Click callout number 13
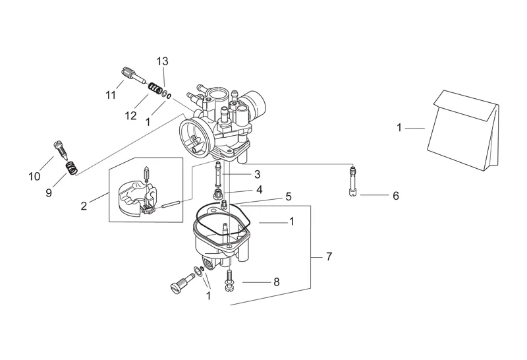click(x=162, y=61)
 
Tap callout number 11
click(x=111, y=95)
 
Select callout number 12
click(x=130, y=116)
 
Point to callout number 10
click(x=34, y=176)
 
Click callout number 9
click(x=49, y=193)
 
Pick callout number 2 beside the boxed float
click(x=84, y=206)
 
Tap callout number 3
click(x=257, y=174)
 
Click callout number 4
click(x=259, y=190)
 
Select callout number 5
click(x=289, y=196)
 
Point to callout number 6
click(x=396, y=195)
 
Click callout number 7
click(x=329, y=256)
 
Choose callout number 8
click(x=276, y=282)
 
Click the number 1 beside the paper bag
click(x=399, y=128)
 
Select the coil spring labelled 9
click(x=71, y=168)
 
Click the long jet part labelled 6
click(x=352, y=182)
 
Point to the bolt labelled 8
click(x=229, y=281)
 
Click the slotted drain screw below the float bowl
click(x=182, y=284)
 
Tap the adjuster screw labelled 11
click(x=133, y=75)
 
